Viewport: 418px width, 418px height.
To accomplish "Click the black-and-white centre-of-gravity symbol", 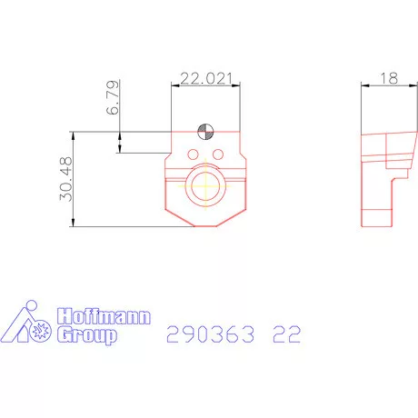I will click(206, 131).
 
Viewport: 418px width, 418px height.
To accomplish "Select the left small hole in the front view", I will click(194, 153).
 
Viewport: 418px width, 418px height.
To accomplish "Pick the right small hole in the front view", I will click(217, 153).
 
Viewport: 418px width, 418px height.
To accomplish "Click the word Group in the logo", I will click(87, 335).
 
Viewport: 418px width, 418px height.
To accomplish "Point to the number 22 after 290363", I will click(286, 335).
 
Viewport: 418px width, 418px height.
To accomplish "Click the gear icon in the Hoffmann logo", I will click(39, 333).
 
